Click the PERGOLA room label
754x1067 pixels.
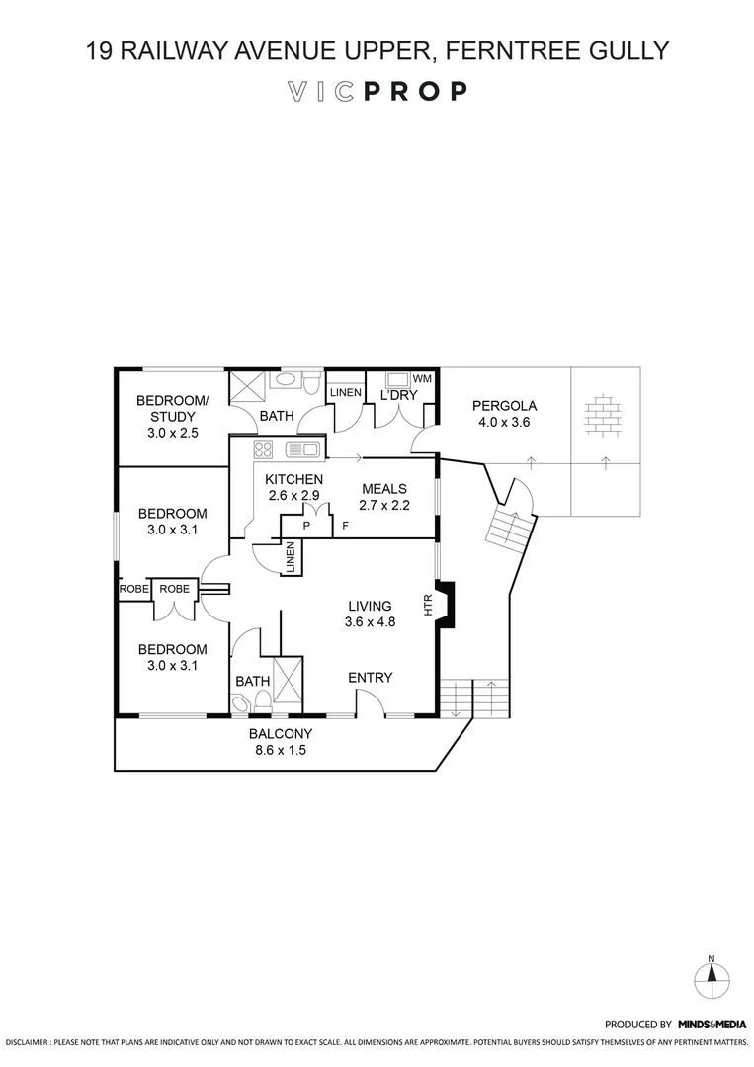click(504, 405)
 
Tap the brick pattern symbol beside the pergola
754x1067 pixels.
click(603, 415)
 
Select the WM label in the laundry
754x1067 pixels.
click(422, 379)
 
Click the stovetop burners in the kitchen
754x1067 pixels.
click(264, 451)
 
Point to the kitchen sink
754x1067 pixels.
click(302, 451)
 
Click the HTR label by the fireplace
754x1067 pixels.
click(429, 605)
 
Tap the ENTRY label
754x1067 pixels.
click(371, 678)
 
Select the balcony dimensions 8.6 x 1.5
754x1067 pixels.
click(281, 750)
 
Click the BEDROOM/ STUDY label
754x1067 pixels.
click(173, 408)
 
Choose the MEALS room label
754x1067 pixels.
click(385, 488)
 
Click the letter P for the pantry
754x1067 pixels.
click(306, 525)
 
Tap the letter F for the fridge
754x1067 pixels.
click(345, 525)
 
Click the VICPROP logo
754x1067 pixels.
click(377, 92)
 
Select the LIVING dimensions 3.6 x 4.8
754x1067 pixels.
click(370, 622)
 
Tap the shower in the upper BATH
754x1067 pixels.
click(247, 386)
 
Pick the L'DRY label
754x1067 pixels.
click(399, 395)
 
